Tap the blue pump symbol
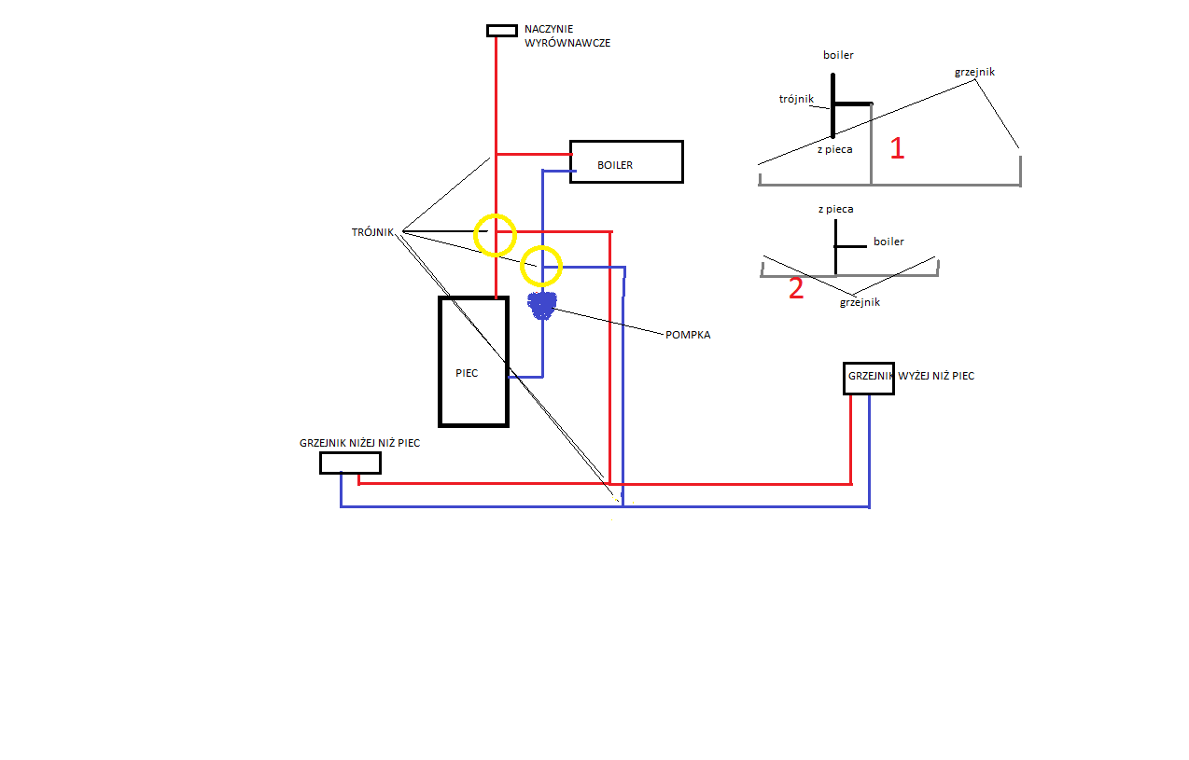pos(542,306)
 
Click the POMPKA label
pos(688,335)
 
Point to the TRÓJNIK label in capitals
pos(372,232)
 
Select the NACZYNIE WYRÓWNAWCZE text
pos(567,36)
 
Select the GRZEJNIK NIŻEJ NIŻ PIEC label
pos(360,443)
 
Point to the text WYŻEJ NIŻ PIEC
pos(936,376)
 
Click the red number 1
pos(897,148)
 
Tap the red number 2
pos(796,288)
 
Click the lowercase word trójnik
pos(796,99)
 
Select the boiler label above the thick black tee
pos(838,55)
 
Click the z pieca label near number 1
pos(835,149)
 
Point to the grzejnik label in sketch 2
pos(860,302)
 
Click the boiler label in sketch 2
pos(888,242)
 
